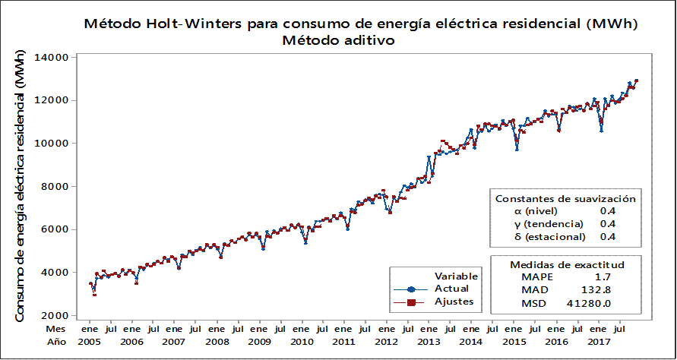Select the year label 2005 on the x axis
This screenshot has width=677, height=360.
pyautogui.click(x=90, y=343)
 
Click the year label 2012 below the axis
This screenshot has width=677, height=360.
pyautogui.click(x=388, y=343)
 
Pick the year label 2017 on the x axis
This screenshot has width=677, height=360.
pyautogui.click(x=599, y=343)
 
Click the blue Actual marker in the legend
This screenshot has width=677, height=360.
pyautogui.click(x=411, y=289)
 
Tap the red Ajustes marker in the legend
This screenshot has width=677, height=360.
pyautogui.click(x=411, y=302)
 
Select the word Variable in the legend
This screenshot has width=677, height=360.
pyautogui.click(x=455, y=275)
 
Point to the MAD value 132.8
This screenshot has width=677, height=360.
pyautogui.click(x=600, y=289)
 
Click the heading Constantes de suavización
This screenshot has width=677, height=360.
pyautogui.click(x=565, y=198)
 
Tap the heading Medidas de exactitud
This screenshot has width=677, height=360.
pyautogui.click(x=567, y=264)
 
